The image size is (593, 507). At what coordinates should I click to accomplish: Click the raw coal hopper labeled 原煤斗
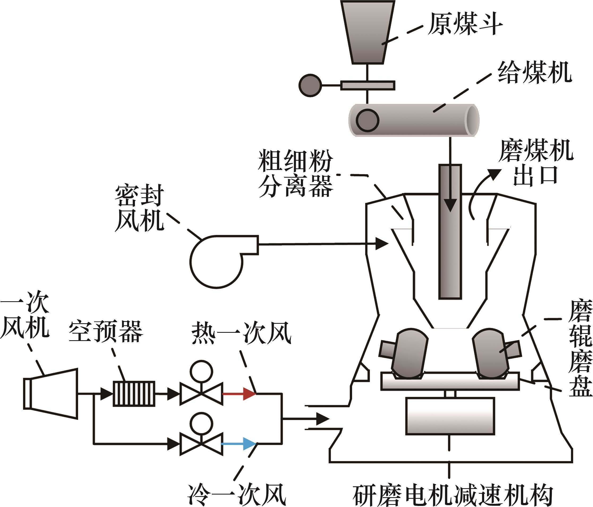[x=368, y=32]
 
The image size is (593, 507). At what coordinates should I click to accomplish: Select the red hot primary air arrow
[x=239, y=394]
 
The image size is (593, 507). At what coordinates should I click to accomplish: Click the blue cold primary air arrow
[x=239, y=444]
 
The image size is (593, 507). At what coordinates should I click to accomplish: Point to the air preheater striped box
[x=134, y=394]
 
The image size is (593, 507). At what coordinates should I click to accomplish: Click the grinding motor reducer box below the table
[x=450, y=416]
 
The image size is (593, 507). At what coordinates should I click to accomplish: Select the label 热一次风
[x=241, y=333]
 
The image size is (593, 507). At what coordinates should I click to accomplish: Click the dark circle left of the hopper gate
[x=310, y=85]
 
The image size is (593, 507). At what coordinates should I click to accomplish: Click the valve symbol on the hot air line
[x=201, y=394]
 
